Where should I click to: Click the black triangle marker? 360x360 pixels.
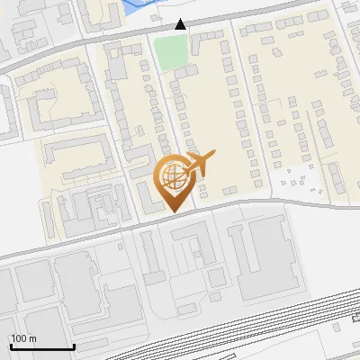[x=181, y=24]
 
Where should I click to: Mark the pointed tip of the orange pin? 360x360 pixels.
[x=173, y=212]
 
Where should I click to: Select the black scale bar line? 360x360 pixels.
[x=41, y=347]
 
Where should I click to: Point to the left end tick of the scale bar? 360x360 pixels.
[x=10, y=345]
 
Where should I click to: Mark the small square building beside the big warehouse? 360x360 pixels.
[x=217, y=278]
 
